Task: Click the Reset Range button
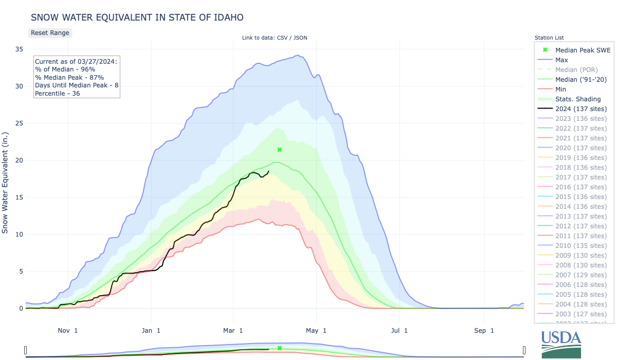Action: pos(50,32)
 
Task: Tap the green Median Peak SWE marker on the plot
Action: pos(280,150)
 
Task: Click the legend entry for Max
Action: pos(561,60)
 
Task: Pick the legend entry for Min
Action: pos(560,89)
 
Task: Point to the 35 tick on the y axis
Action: pos(19,49)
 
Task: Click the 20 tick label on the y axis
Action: pos(19,160)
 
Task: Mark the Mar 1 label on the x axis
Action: pos(234,331)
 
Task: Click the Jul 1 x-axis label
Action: pos(399,331)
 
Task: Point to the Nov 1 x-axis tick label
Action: pos(68,331)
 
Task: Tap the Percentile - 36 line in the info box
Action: pos(57,93)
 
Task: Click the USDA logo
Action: pos(561,343)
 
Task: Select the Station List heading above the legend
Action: pos(549,38)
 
